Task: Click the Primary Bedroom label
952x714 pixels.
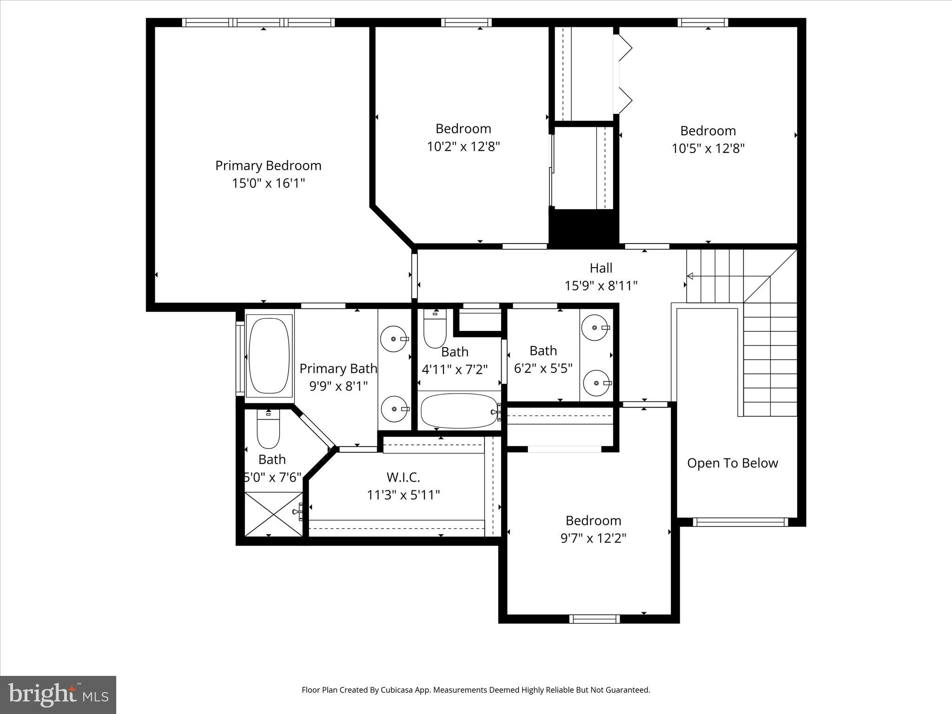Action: coord(268,165)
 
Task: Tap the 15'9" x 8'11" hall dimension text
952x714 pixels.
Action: coord(601,286)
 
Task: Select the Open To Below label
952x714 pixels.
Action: coord(732,463)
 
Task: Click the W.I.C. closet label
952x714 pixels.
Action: coord(403,477)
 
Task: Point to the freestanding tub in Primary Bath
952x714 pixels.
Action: coord(269,356)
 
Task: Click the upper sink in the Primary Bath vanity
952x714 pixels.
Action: coord(393,339)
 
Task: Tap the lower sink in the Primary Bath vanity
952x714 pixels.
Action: coord(394,409)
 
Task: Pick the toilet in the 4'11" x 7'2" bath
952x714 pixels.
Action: coord(435,330)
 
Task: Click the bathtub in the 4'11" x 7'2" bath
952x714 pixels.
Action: coord(459,411)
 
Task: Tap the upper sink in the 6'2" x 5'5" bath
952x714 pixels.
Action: coord(595,328)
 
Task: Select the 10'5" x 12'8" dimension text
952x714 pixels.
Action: coord(708,149)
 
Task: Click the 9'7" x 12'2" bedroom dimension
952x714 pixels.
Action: coord(593,538)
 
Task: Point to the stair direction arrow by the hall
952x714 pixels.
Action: coord(691,277)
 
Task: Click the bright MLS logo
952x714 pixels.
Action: coord(58,694)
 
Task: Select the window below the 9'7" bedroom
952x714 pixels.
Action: coord(595,619)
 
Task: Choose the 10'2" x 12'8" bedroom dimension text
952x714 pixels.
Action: coord(463,147)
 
